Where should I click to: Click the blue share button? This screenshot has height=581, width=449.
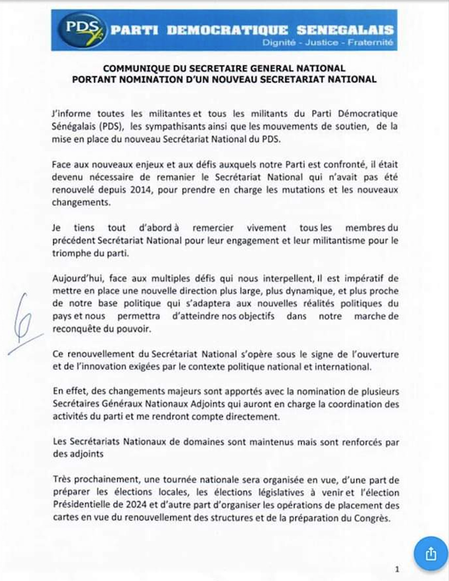click(x=430, y=554)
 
